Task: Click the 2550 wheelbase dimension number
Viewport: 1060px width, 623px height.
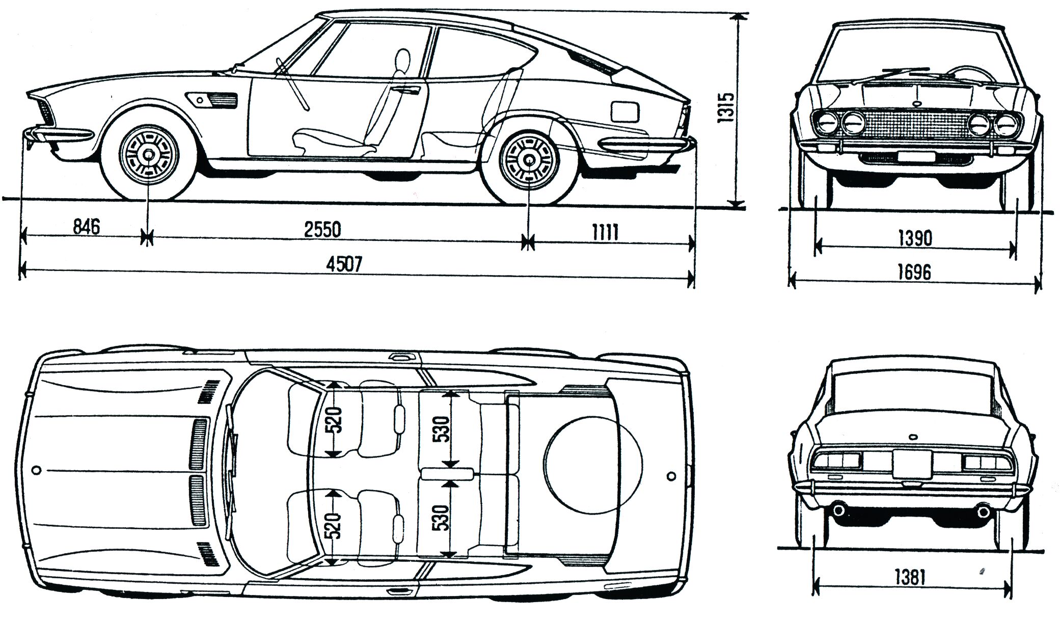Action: (322, 230)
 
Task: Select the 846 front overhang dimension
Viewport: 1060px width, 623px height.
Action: (86, 226)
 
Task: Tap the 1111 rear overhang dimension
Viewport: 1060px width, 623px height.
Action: (605, 233)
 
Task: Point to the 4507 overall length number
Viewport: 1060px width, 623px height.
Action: (344, 264)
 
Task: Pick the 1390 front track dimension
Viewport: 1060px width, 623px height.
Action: (915, 238)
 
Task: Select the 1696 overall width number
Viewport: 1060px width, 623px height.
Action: (914, 272)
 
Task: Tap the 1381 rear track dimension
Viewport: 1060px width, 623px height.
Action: (909, 577)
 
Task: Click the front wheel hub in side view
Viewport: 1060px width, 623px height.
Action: (148, 155)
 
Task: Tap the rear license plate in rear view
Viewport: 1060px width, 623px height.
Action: (912, 464)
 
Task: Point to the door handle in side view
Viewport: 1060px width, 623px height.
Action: (407, 91)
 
